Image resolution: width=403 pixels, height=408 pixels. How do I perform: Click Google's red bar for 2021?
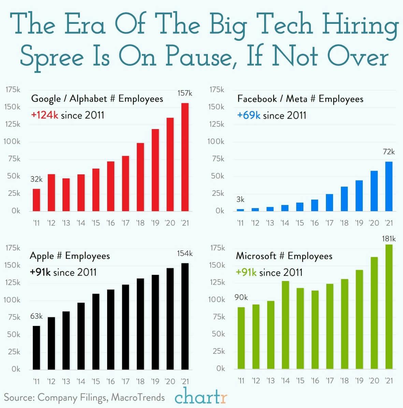(185, 157)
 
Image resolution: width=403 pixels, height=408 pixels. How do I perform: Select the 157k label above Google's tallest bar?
(185, 93)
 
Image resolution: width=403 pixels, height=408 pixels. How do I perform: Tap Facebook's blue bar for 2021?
(389, 186)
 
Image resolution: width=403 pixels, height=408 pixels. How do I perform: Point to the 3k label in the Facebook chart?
(240, 200)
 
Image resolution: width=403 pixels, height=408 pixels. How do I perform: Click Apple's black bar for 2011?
(36, 347)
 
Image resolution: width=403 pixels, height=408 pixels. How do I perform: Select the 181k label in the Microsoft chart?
(389, 239)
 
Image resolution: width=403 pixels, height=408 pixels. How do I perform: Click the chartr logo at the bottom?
(201, 396)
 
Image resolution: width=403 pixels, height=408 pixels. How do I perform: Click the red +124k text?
(45, 115)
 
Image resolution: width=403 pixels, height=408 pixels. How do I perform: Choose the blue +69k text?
(248, 115)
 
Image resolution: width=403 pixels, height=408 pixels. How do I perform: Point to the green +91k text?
(246, 272)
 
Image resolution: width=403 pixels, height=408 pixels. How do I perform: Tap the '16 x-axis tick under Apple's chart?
(111, 381)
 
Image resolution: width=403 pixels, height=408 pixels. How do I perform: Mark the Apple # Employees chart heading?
(70, 256)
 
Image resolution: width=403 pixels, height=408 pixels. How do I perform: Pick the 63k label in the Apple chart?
(36, 316)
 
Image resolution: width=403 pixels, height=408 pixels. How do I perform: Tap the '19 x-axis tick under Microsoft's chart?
(359, 380)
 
